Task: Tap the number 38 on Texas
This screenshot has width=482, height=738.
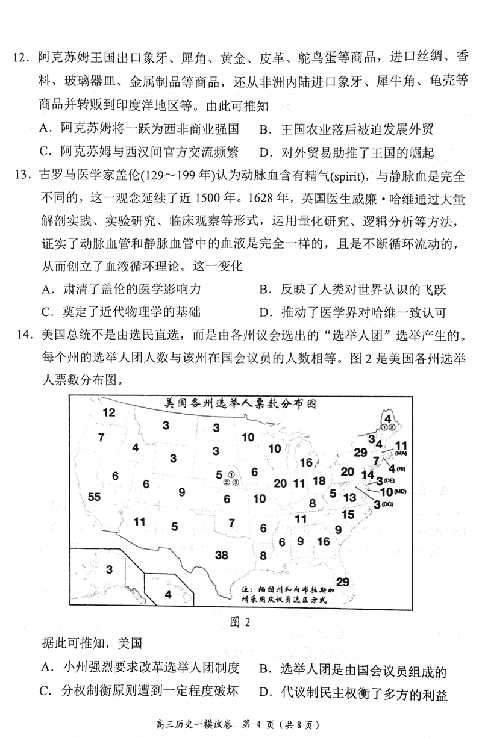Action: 222,554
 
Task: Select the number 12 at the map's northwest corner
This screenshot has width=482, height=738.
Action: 108,412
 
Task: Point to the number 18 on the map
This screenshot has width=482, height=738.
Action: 319,480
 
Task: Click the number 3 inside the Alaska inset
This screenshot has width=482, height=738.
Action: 110,569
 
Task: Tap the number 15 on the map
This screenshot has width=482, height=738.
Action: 348,515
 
